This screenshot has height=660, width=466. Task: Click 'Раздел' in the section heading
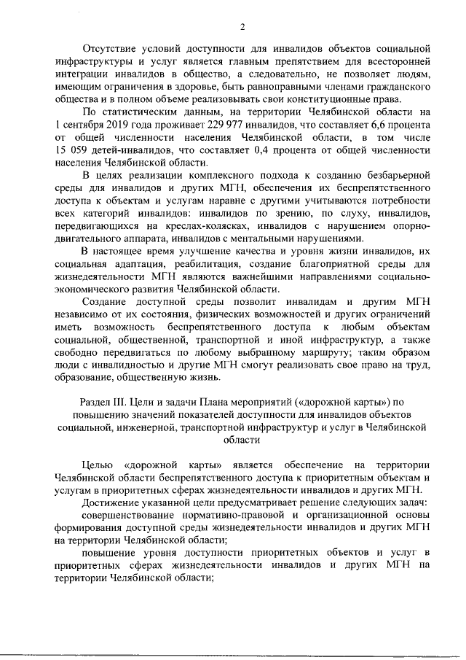(94, 401)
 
